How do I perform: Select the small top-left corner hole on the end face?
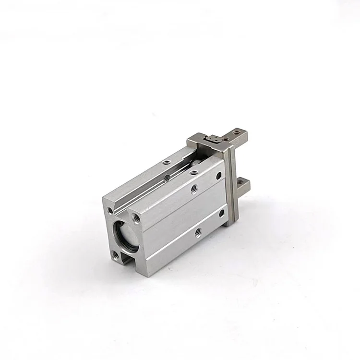coord(110,210)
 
